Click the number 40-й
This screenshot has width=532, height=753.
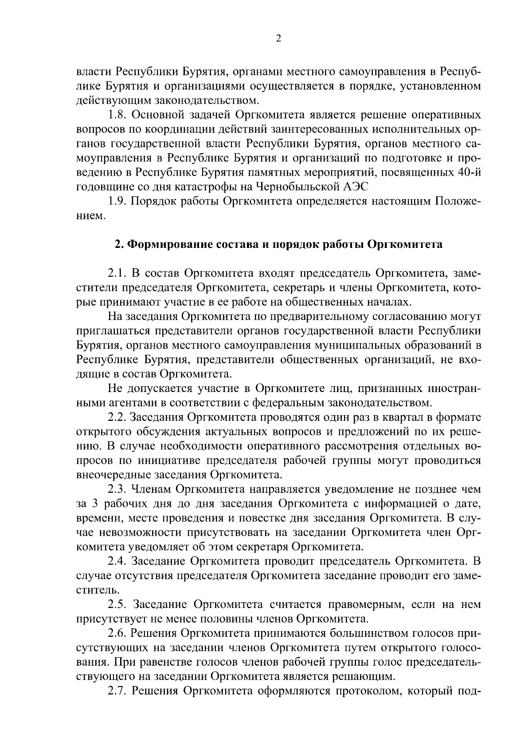pos(467,173)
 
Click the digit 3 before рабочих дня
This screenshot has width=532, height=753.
pos(94,504)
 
